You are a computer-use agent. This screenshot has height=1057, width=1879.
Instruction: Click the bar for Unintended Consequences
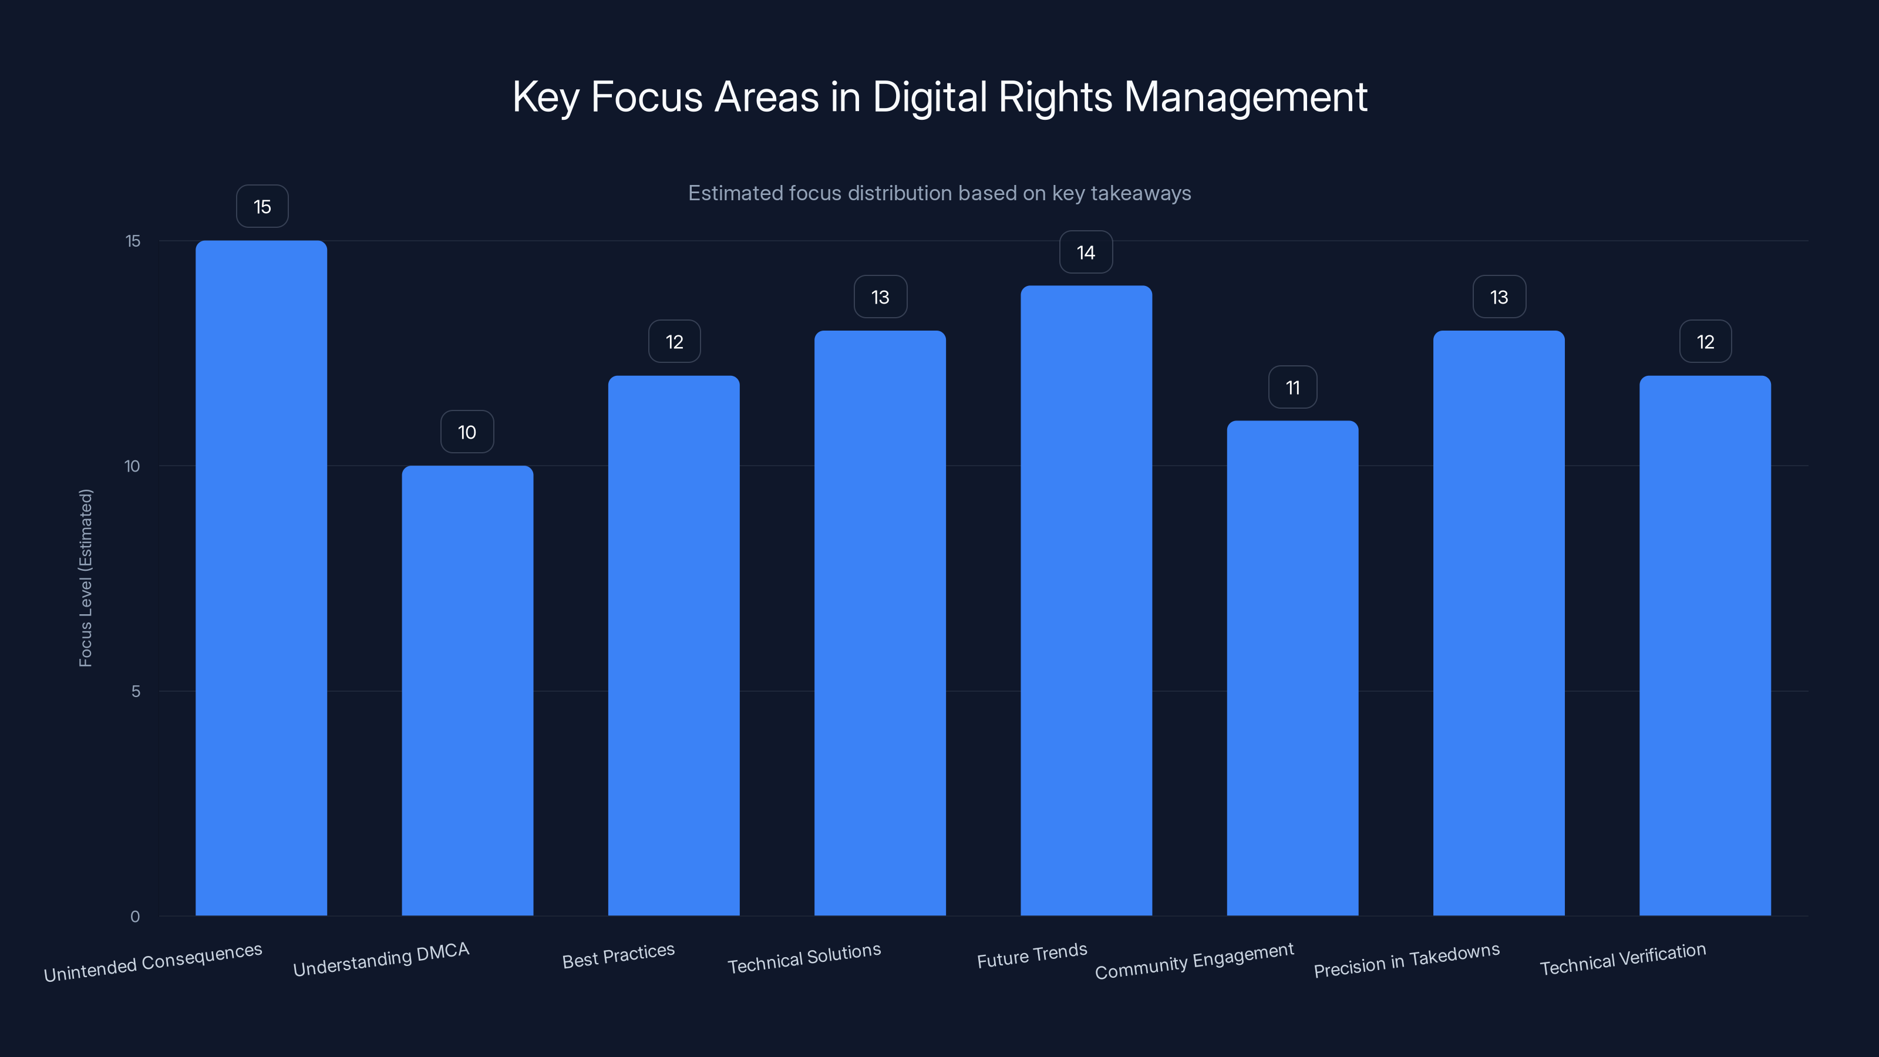tap(261, 578)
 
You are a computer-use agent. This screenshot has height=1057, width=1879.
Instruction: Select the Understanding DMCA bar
tap(467, 690)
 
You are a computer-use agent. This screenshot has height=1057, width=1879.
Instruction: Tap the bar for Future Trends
tap(1086, 600)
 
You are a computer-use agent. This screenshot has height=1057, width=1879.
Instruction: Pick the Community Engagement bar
tap(1292, 668)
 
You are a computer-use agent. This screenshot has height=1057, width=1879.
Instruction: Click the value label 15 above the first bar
tap(262, 207)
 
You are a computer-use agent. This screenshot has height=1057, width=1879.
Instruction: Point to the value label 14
tap(1085, 253)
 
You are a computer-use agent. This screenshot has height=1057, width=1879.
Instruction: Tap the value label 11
tap(1292, 388)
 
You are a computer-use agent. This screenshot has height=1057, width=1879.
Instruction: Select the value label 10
tap(467, 432)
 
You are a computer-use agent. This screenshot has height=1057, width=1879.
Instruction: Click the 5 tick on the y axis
tap(136, 691)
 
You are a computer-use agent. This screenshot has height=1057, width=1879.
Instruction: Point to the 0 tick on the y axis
tap(135, 916)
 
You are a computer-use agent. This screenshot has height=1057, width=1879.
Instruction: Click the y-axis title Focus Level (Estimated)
tap(85, 578)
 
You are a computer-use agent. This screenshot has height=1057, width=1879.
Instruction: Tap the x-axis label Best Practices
tap(618, 955)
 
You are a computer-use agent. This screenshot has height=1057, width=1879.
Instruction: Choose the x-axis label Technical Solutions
tap(804, 958)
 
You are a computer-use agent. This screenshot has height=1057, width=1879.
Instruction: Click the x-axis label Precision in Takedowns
tap(1406, 960)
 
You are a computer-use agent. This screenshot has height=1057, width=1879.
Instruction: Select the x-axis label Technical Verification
tap(1622, 958)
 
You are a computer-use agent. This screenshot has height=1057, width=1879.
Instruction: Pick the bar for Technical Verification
tap(1705, 645)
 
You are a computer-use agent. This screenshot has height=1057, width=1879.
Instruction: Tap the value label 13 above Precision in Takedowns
tap(1499, 297)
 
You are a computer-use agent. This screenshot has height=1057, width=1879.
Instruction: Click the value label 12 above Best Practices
tap(674, 341)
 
